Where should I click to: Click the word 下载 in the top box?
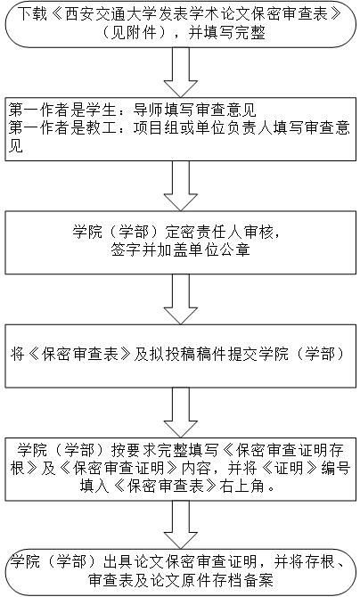pos(32,14)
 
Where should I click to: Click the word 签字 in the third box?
pos(126,249)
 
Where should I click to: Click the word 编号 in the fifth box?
pos(336,468)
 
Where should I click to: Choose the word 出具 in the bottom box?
pos(119,561)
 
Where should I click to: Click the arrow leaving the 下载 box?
pos(180,72)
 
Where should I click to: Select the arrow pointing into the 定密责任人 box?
pos(180,186)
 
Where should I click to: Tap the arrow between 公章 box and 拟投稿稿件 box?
pos(180,299)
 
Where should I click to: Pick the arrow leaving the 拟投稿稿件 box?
pos(180,413)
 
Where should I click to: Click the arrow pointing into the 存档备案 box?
pos(180,525)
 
